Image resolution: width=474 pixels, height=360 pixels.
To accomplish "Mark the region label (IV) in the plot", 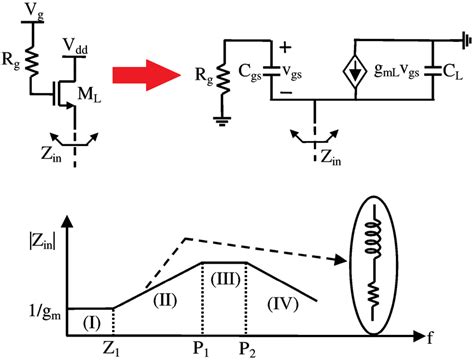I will pyautogui.click(x=286, y=300).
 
